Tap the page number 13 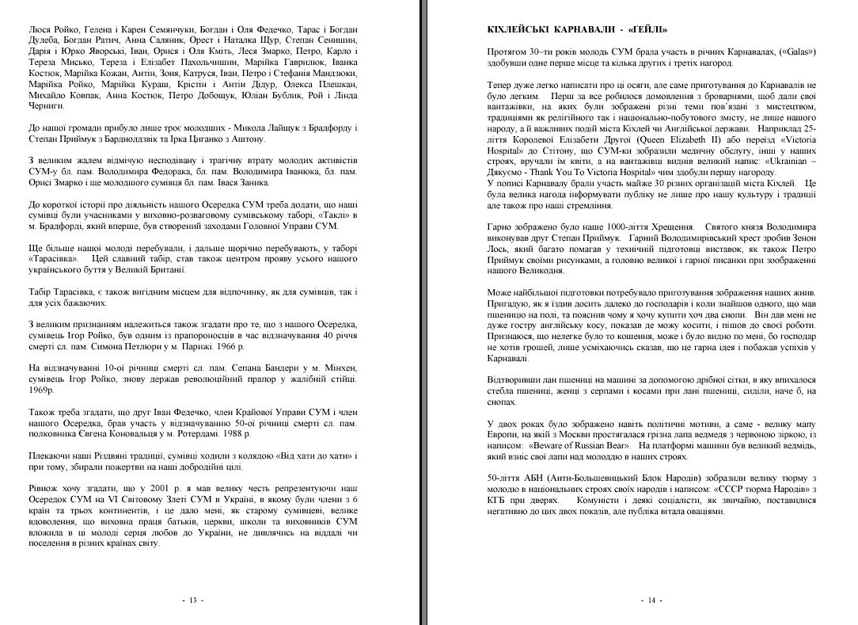click(x=192, y=600)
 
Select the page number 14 click(x=652, y=600)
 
